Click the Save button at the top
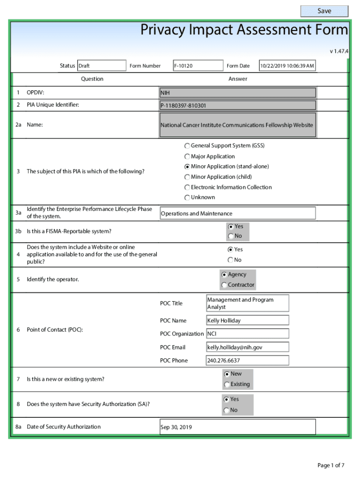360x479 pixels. (324, 11)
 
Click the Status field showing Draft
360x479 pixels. (101, 66)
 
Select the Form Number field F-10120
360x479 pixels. (197, 66)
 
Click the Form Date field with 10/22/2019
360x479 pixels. (287, 66)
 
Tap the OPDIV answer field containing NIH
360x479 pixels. (238, 93)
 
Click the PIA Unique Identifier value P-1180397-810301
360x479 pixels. (238, 106)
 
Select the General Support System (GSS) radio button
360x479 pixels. (187, 146)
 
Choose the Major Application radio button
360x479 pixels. (187, 157)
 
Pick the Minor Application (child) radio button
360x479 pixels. (187, 177)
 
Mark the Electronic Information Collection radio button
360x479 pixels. (187, 188)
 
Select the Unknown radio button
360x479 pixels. (187, 198)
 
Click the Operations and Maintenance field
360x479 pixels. (238, 214)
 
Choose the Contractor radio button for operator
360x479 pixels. (224, 285)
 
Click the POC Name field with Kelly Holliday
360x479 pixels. (247, 321)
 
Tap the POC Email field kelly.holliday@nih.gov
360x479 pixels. (247, 348)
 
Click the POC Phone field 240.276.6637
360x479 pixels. (247, 361)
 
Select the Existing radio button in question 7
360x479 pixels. (227, 385)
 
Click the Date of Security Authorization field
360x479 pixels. (238, 427)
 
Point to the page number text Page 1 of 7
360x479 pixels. (331, 465)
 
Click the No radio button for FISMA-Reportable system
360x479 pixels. (231, 237)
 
